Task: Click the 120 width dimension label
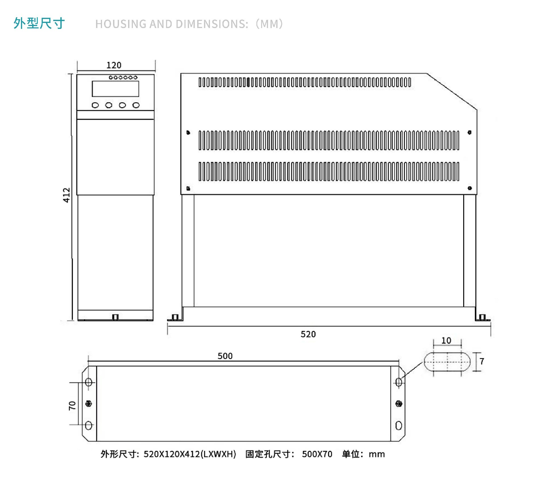point(114,65)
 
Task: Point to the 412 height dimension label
point(66,195)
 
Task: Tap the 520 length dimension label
point(308,334)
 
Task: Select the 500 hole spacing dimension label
point(225,356)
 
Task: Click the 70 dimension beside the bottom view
point(72,406)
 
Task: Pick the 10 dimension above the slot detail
point(446,340)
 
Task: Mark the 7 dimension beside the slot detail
point(482,361)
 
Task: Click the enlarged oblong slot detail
point(447,361)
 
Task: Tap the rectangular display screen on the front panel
point(115,89)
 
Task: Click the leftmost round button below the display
point(95,105)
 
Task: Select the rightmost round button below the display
point(136,105)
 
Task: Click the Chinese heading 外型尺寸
point(39,23)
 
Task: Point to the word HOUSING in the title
point(121,24)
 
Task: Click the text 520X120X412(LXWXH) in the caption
point(190,454)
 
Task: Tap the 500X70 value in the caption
point(317,454)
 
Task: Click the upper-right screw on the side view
point(469,132)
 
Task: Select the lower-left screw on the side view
point(188,188)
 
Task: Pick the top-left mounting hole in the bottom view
point(89,382)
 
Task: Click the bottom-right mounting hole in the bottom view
point(399,425)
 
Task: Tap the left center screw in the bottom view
point(89,404)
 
